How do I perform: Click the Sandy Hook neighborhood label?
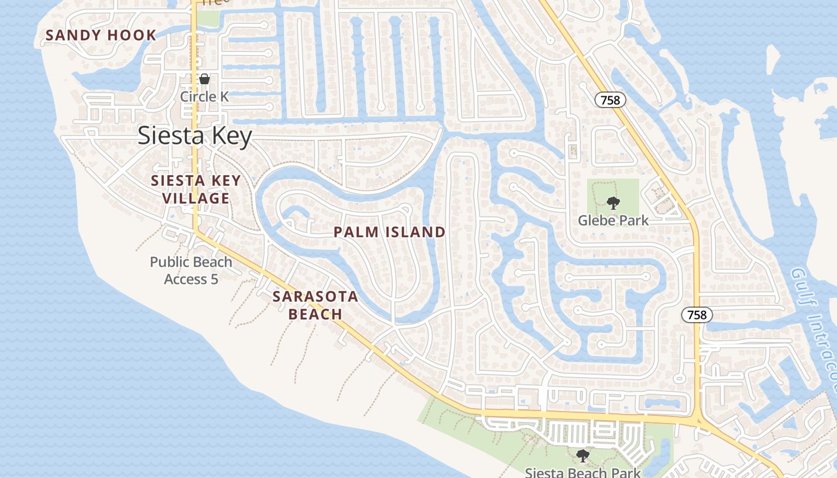point(100,35)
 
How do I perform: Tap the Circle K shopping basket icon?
point(204,79)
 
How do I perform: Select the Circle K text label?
point(204,96)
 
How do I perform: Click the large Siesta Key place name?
point(195,136)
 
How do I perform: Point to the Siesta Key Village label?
point(196,189)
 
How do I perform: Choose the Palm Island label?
point(389,232)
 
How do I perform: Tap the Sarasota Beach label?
point(315,305)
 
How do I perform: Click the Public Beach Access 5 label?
point(191,270)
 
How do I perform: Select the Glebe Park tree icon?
point(613,203)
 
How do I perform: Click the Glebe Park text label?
point(613,220)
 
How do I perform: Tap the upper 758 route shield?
point(610,100)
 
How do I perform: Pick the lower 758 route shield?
point(697,315)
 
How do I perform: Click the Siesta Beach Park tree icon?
point(583,456)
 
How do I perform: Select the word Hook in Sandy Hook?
point(132,35)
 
